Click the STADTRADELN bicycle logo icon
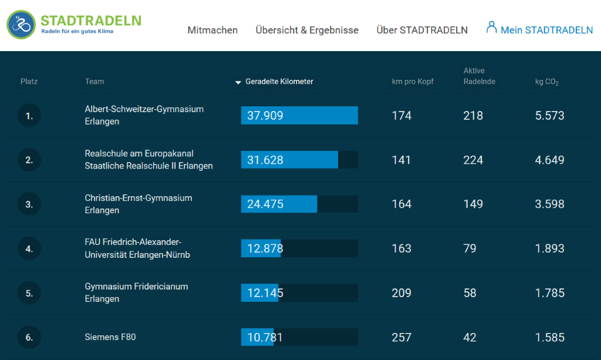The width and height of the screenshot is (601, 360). point(22,24)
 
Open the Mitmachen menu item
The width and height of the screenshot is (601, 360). point(212,30)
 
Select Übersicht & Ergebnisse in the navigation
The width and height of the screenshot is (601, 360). point(307,30)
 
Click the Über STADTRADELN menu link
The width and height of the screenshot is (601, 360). point(422,30)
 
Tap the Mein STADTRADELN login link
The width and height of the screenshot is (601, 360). point(539,29)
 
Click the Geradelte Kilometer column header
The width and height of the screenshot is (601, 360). point(279,82)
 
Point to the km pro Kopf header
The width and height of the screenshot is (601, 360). point(413,82)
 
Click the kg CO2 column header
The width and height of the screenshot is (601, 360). point(546,82)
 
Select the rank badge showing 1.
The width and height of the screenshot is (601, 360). point(29,116)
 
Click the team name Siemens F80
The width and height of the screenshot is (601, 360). point(110,337)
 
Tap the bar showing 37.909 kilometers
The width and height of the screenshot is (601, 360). point(299,116)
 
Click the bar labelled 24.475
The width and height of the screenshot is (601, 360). point(279,204)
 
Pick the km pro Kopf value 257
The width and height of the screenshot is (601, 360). point(401,337)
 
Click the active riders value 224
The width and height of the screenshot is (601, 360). point(473,160)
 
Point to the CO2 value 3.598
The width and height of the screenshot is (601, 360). point(549,204)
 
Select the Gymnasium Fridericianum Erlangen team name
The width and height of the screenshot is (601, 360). point(136,292)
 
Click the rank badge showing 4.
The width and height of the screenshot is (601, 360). point(29,248)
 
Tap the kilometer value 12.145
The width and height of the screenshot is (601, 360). point(265,292)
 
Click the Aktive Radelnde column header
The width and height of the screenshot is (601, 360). point(479,76)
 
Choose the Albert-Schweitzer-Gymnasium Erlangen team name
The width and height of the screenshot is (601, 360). point(144,115)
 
